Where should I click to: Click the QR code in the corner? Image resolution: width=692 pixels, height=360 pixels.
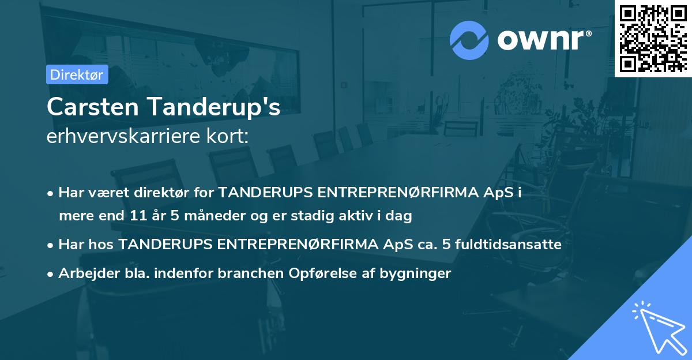click(x=653, y=38)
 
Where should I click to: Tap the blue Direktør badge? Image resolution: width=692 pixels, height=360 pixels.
click(x=77, y=74)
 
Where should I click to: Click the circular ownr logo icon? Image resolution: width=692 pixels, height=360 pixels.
click(x=469, y=39)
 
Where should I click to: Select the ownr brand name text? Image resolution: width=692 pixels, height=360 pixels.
click(x=543, y=39)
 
